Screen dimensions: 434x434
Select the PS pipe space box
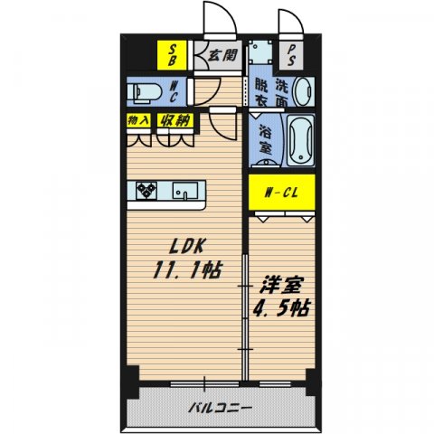[x=295, y=55]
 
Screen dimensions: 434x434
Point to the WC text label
[x=175, y=90]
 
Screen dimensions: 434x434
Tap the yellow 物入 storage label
[x=138, y=119]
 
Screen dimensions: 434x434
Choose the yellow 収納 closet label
[x=175, y=119]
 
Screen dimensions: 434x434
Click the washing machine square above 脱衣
[x=261, y=53]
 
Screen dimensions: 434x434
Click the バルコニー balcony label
[x=221, y=407]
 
